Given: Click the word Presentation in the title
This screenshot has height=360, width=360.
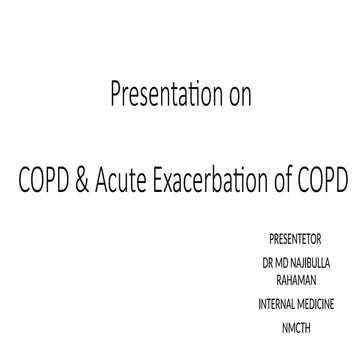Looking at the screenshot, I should pos(161,97).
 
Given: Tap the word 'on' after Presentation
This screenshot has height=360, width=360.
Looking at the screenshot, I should pos(238,97).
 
